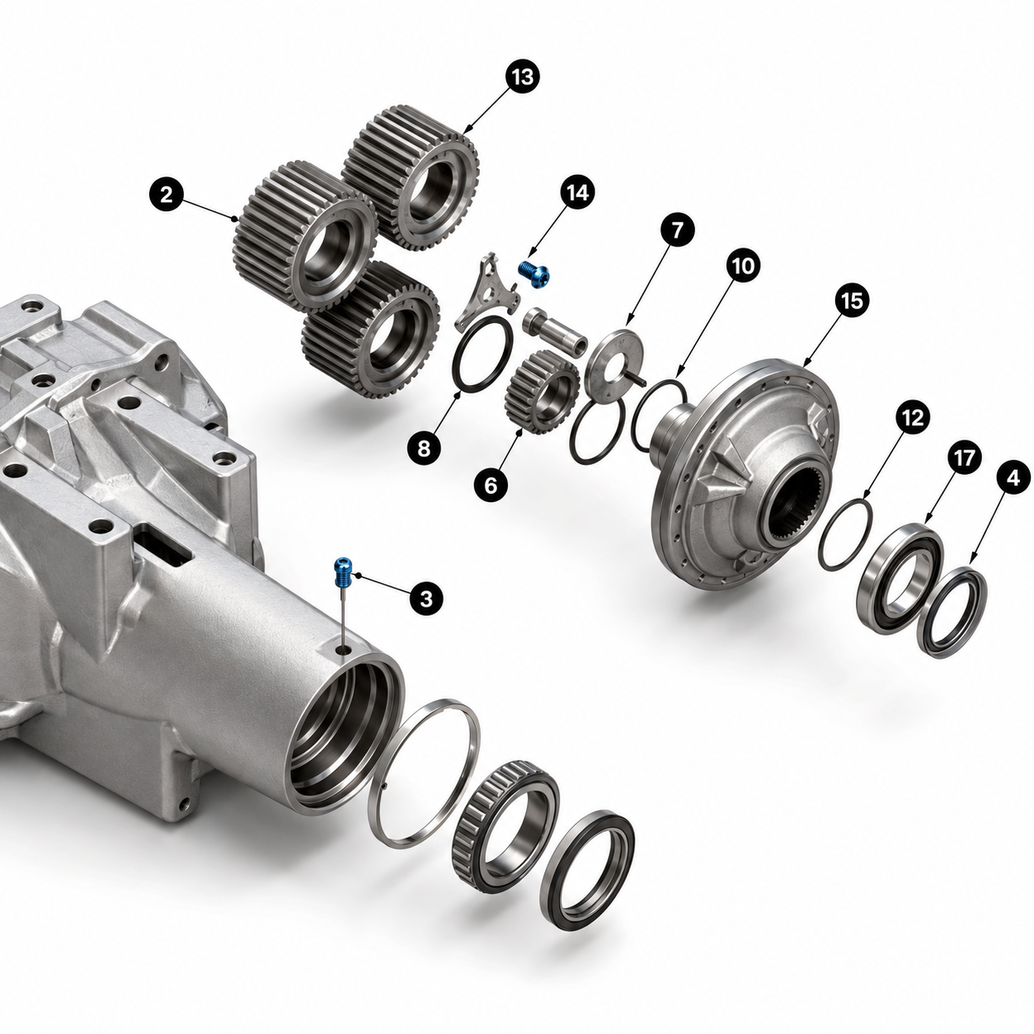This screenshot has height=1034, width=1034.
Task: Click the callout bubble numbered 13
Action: (x=522, y=78)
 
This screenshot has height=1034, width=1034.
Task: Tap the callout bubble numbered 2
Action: (x=167, y=195)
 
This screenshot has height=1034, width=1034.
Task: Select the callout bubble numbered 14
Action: (x=577, y=193)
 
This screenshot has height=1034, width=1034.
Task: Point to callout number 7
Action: (x=677, y=231)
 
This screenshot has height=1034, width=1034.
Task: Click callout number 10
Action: (x=743, y=266)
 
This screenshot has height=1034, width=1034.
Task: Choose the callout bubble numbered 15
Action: (x=852, y=302)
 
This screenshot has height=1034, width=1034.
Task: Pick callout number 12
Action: (x=912, y=417)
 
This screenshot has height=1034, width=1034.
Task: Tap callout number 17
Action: (x=964, y=457)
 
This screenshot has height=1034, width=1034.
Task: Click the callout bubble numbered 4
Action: (x=1013, y=478)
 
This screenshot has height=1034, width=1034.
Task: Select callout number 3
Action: (x=425, y=599)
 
